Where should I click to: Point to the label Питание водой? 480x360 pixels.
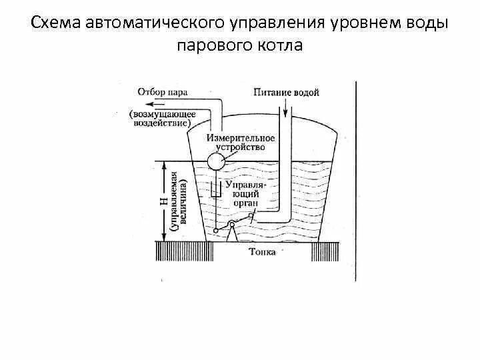click(x=286, y=92)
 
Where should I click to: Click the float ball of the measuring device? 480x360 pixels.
click(x=215, y=161)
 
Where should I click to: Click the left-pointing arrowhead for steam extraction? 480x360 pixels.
click(x=151, y=104)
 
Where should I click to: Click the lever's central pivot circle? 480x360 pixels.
click(x=231, y=224)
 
